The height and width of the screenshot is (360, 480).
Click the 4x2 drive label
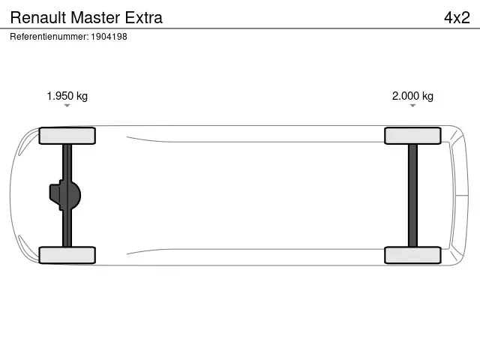[456, 17]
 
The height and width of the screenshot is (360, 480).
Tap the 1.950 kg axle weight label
[67, 96]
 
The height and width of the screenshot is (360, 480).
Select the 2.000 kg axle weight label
[412, 96]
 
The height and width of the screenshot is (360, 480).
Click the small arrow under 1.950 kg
[67, 106]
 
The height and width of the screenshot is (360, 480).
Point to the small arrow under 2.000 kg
[412, 106]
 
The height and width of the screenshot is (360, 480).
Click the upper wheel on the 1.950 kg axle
[67, 136]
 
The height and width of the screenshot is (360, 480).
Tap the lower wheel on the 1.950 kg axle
[67, 255]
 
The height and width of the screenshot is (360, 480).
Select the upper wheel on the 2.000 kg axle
[412, 136]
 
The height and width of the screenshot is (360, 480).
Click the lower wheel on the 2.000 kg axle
[412, 255]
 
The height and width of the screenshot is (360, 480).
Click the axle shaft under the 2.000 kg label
[412, 195]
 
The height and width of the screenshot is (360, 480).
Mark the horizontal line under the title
[240, 28]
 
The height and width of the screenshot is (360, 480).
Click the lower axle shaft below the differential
[67, 229]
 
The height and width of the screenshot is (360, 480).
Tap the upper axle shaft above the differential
[67, 161]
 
